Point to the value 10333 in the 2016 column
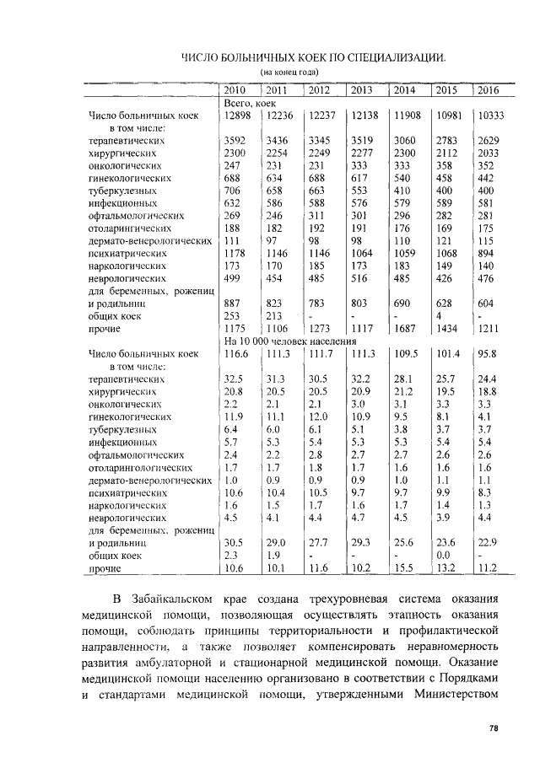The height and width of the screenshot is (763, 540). tap(490, 116)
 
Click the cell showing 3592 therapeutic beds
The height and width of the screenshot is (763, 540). tap(235, 141)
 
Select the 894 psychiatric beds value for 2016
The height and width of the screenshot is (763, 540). tap(486, 251)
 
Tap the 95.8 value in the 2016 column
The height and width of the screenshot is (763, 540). tap(487, 353)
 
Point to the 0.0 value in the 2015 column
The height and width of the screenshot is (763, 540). tap(444, 556)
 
